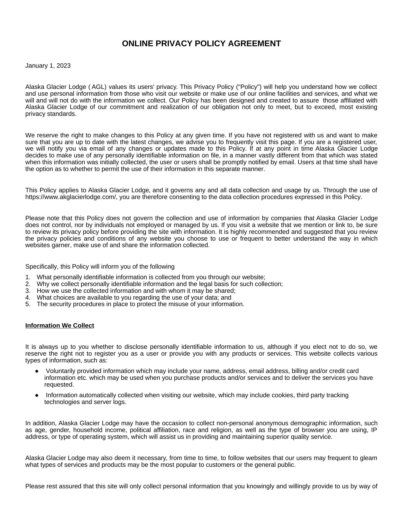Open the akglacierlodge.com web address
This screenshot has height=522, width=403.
coord(71,197)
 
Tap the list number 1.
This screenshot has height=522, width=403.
coord(28,277)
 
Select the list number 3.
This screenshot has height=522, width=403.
coord(28,291)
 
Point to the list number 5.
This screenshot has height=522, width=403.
coord(28,304)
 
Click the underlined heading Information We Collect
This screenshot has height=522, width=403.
coord(60,326)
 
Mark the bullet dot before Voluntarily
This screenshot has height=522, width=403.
coord(37,371)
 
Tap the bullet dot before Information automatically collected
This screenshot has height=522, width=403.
coord(37,396)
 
